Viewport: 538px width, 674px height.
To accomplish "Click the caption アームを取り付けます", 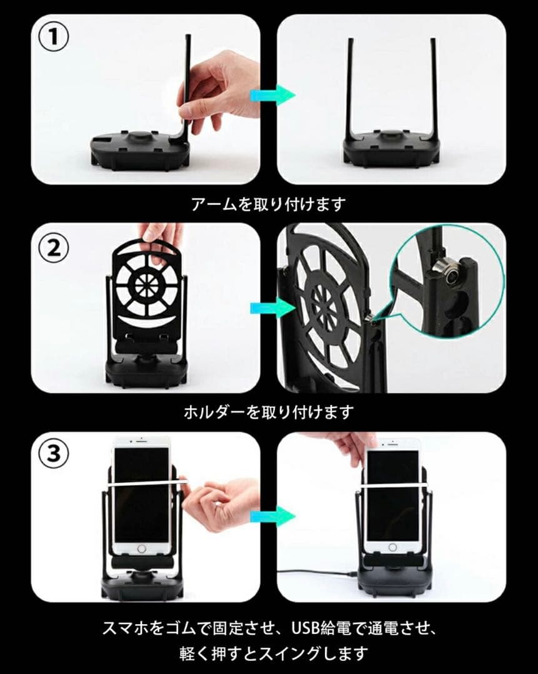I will pos(268,203).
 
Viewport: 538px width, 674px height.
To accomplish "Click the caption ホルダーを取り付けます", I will pos(269,412).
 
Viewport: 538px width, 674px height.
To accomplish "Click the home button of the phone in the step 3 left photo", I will pos(142,549).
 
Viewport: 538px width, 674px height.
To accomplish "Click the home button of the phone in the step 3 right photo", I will pos(392,547).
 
